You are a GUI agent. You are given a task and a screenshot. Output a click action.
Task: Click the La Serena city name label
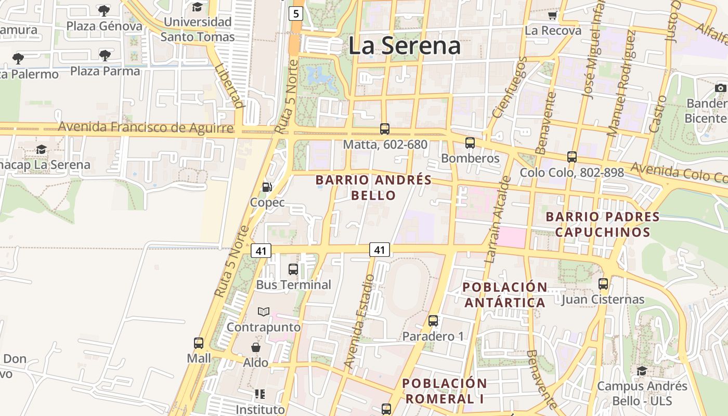click(x=405, y=46)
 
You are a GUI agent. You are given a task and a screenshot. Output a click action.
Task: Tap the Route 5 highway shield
click(x=296, y=14)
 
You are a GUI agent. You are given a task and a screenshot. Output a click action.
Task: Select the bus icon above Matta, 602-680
click(x=385, y=128)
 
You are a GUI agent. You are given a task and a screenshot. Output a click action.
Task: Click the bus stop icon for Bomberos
click(x=470, y=142)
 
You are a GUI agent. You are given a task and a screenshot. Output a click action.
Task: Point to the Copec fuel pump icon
click(x=267, y=187)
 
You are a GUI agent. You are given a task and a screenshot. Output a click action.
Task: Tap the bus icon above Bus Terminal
click(x=293, y=269)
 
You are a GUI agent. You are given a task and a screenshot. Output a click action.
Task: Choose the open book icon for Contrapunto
click(x=264, y=311)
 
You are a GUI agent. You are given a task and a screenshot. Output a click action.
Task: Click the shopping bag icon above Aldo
click(x=256, y=347)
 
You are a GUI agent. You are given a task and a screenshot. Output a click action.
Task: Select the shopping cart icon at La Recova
click(x=552, y=15)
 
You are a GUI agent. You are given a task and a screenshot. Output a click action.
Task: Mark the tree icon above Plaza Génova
click(x=104, y=10)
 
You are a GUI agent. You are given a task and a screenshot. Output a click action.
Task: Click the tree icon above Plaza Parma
click(x=105, y=55)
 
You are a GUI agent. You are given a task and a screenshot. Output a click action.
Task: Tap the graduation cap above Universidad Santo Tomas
click(x=197, y=7)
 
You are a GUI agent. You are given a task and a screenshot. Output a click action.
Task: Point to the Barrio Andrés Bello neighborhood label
click(x=373, y=188)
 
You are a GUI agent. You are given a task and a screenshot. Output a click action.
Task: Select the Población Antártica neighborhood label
click(x=504, y=295)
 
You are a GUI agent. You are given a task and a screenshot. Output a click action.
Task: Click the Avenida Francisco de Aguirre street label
click(x=146, y=127)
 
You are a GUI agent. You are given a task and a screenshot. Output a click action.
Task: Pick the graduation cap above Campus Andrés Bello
click(x=642, y=371)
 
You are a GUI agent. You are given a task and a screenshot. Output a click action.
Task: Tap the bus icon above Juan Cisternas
click(x=603, y=284)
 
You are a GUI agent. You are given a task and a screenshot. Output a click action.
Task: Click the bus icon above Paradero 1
click(x=433, y=321)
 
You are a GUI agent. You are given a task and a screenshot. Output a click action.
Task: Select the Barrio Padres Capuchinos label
click(x=602, y=224)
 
